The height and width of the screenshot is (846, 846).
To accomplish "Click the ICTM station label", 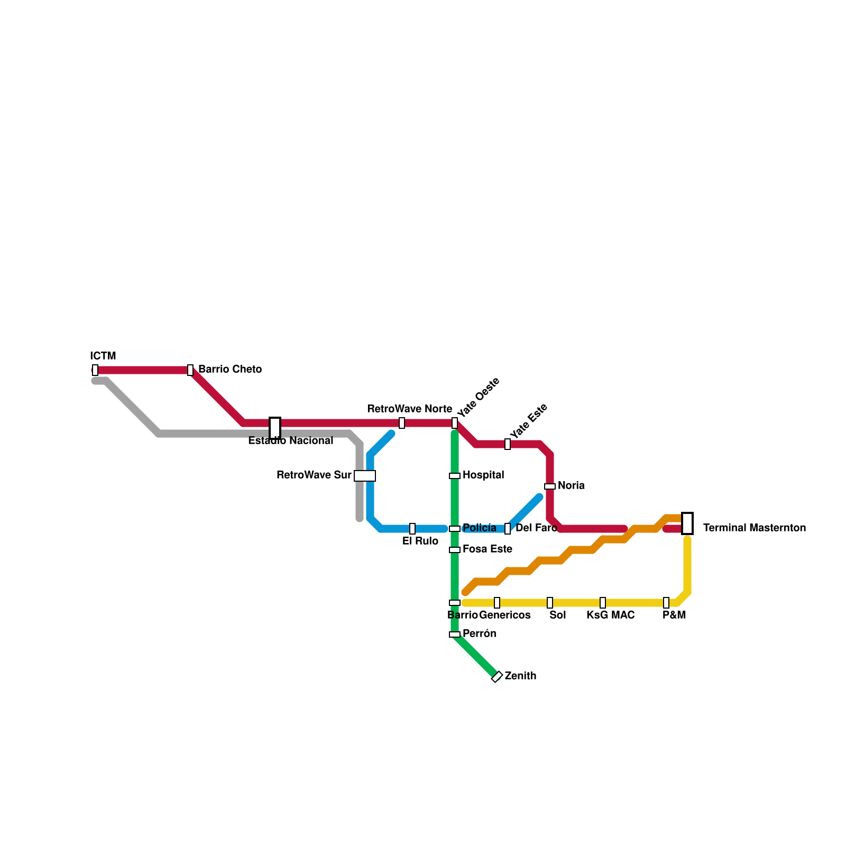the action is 103,356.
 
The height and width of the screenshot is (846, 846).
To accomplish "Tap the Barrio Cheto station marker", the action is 190,370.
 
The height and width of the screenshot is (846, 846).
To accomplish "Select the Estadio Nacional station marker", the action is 275,428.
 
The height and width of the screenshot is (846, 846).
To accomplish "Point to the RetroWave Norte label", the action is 409,409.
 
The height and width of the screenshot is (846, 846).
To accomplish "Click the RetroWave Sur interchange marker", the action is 365,476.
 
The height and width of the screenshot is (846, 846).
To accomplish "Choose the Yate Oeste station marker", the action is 455,423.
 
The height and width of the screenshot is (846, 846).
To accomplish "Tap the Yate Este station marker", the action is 508,444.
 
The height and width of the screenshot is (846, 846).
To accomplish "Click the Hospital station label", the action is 483,475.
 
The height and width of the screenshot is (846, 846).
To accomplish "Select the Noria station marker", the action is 550,486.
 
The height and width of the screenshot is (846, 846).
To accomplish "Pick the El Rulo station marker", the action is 412,529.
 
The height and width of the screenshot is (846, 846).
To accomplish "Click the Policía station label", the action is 480,528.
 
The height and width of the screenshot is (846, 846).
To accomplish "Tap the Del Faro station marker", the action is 508,529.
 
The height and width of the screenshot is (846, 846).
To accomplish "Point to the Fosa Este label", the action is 488,549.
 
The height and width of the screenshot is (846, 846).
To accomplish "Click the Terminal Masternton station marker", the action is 687,523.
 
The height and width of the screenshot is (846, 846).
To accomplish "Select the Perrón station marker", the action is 455,635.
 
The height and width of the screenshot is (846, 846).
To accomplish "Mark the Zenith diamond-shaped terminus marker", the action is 497,677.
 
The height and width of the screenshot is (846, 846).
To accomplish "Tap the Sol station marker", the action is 550,603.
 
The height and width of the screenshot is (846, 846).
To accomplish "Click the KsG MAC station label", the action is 611,615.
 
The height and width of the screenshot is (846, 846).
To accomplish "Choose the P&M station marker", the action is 666,603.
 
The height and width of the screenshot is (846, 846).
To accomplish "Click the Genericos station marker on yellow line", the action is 497,603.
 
